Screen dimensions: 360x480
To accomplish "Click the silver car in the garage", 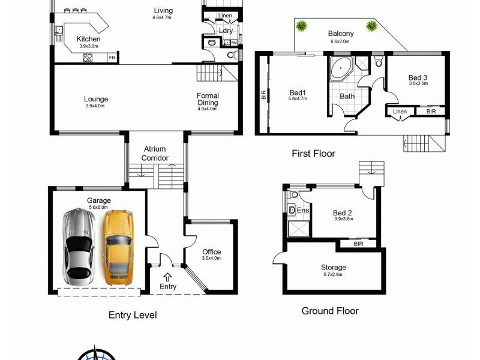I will click(78, 246).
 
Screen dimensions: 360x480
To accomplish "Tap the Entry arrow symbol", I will click(167, 277).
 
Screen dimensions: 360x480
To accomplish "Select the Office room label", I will click(211, 252).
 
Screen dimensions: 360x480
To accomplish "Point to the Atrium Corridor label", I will click(155, 154).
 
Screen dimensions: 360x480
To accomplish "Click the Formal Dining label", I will click(208, 99).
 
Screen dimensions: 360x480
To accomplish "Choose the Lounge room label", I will click(96, 100).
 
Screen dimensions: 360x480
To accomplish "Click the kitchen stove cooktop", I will click(88, 58).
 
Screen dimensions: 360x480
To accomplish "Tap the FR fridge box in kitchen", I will click(112, 58).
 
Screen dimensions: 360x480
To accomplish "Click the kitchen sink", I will click(59, 31).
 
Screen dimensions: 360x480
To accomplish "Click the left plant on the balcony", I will click(302, 26).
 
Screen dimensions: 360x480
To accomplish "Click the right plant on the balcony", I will click(372, 26).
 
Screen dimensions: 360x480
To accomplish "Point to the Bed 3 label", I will click(418, 77).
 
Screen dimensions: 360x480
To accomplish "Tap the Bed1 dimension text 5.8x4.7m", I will click(298, 99).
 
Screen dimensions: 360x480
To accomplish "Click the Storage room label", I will click(333, 268).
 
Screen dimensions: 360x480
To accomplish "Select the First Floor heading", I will click(313, 154).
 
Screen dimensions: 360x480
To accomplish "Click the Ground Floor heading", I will click(329, 311).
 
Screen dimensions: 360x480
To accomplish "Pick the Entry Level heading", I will click(133, 315).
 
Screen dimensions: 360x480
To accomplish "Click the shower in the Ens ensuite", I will click(298, 228).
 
